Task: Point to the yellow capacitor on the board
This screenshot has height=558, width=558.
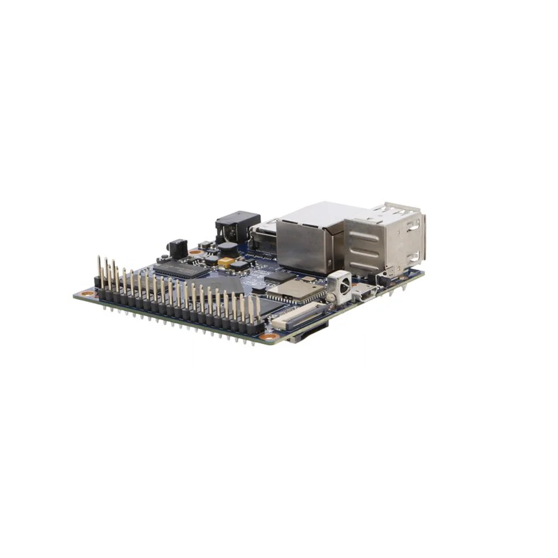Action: [226, 261]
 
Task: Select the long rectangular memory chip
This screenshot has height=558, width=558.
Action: [181, 269]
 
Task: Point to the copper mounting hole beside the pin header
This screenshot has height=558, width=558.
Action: [86, 293]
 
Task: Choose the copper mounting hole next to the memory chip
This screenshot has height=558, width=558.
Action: [195, 252]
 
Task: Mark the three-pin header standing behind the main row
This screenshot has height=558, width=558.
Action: [106, 273]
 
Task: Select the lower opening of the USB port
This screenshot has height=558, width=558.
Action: [413, 257]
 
